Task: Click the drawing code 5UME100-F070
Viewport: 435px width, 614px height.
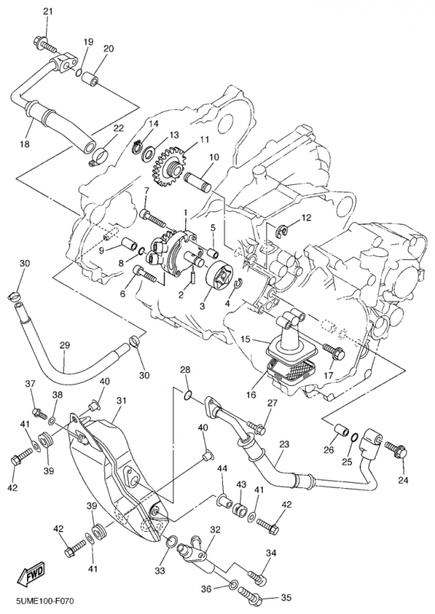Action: (45, 601)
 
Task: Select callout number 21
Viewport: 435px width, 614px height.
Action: (48, 12)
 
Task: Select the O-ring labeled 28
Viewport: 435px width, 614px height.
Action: (188, 396)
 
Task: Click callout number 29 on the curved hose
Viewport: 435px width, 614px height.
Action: (65, 345)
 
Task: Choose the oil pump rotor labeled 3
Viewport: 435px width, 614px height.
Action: (217, 277)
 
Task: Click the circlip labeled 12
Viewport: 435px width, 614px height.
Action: (281, 231)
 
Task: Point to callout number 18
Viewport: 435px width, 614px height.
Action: (25, 144)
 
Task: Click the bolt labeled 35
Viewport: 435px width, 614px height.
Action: (252, 597)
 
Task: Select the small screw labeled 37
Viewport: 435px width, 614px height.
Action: (40, 413)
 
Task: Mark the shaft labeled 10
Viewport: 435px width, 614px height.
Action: (198, 183)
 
